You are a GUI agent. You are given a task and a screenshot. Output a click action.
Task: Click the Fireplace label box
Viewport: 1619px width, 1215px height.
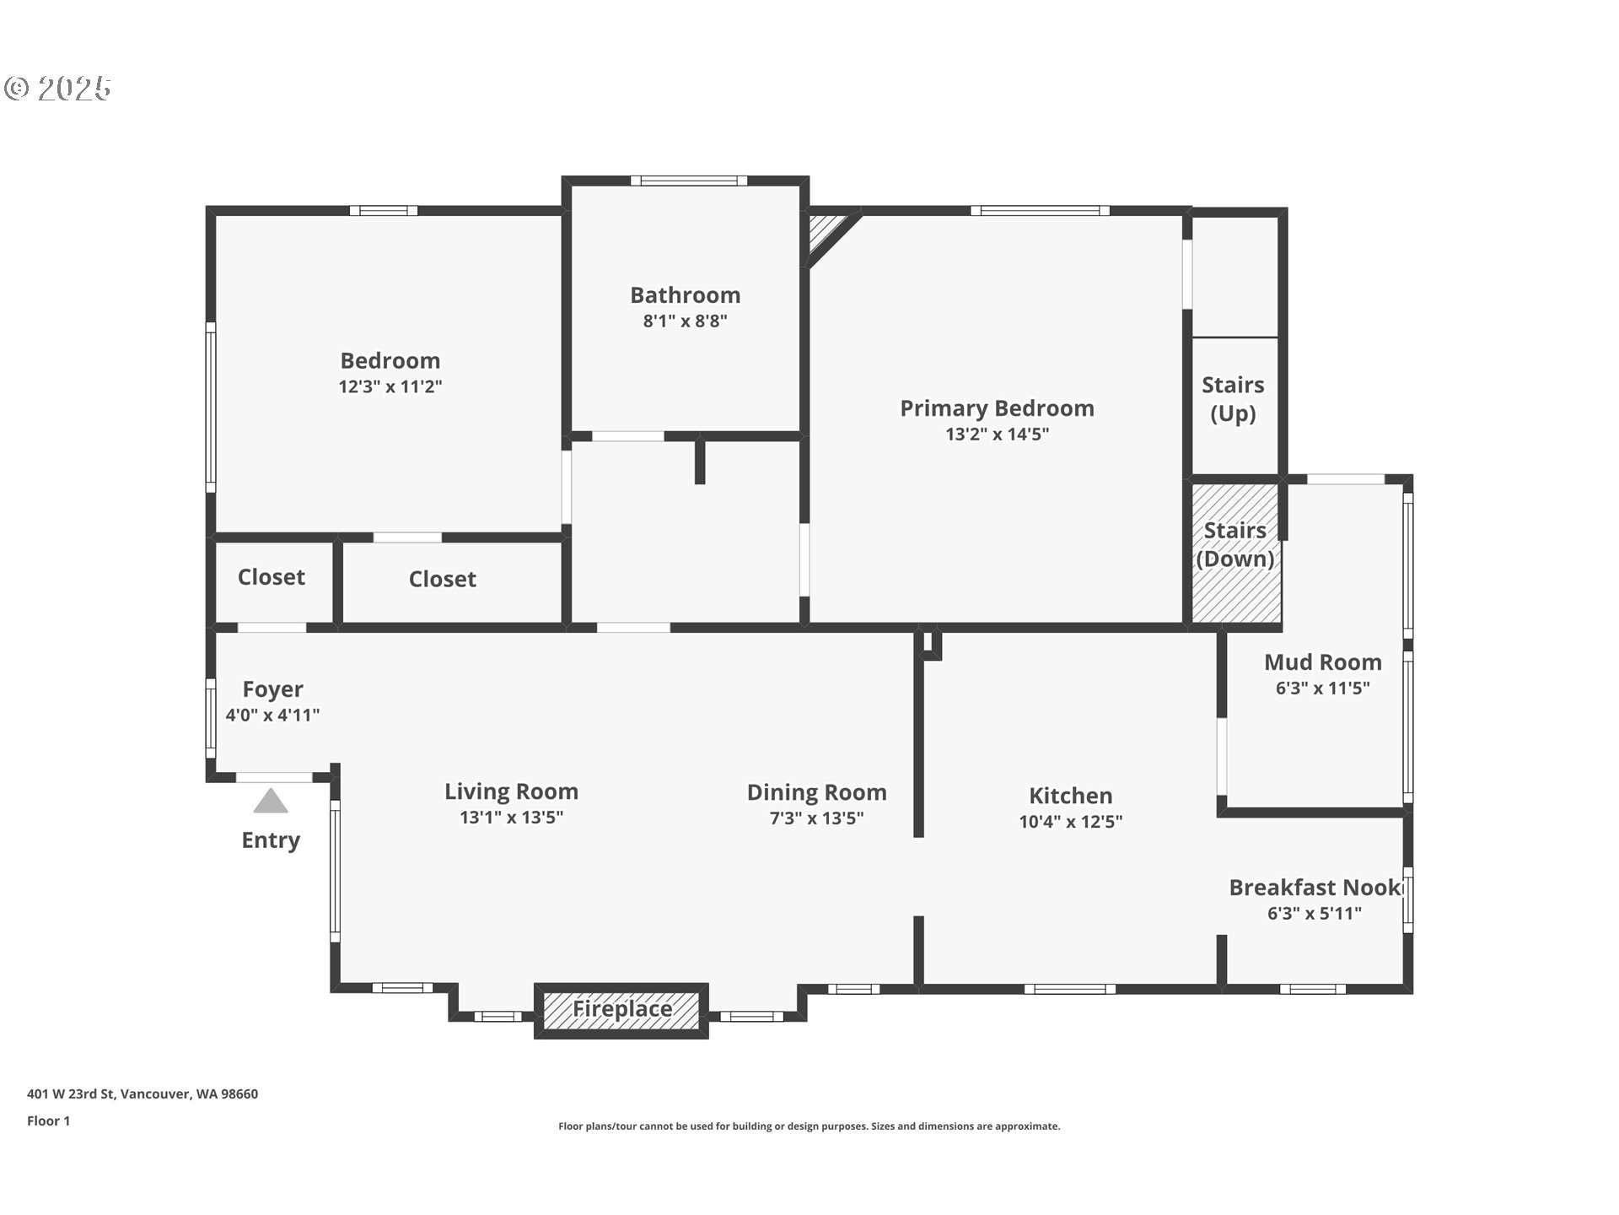[621, 1010]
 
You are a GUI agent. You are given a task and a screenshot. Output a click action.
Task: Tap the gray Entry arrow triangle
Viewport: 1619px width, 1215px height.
[271, 802]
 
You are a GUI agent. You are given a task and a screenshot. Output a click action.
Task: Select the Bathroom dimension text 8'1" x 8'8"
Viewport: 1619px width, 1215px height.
[685, 321]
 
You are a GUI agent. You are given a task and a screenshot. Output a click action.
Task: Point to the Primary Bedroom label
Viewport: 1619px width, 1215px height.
[997, 408]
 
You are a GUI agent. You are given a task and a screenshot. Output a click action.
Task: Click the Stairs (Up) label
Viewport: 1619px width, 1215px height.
[1233, 399]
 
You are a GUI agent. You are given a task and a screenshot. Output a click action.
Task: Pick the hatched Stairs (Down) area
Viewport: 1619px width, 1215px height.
[1235, 553]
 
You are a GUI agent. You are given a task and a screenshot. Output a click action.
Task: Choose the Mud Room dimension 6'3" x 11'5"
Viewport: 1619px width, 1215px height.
[1322, 688]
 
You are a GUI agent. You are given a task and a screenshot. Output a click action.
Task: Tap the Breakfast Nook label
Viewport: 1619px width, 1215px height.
[1315, 888]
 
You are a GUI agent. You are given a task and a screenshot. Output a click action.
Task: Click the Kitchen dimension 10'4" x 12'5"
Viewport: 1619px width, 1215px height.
[1070, 821]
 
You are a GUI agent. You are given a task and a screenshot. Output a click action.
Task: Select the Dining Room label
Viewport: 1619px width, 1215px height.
[816, 793]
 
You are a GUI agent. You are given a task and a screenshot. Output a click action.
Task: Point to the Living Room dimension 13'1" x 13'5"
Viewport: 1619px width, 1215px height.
[511, 817]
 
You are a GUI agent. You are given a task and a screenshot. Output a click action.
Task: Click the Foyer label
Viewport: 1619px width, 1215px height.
[272, 690]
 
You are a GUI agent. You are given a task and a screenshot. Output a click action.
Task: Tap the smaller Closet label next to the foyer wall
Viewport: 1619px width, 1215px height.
[271, 577]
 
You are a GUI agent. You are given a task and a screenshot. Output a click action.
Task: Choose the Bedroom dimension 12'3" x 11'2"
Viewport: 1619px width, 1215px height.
[390, 386]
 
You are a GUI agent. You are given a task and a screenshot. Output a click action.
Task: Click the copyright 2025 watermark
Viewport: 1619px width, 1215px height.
[57, 89]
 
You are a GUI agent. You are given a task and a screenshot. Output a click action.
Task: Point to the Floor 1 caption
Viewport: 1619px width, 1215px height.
[48, 1120]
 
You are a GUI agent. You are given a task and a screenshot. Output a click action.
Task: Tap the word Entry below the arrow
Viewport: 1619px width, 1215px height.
[271, 840]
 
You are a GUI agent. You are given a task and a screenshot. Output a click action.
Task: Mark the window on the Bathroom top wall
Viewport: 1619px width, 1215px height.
[689, 181]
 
